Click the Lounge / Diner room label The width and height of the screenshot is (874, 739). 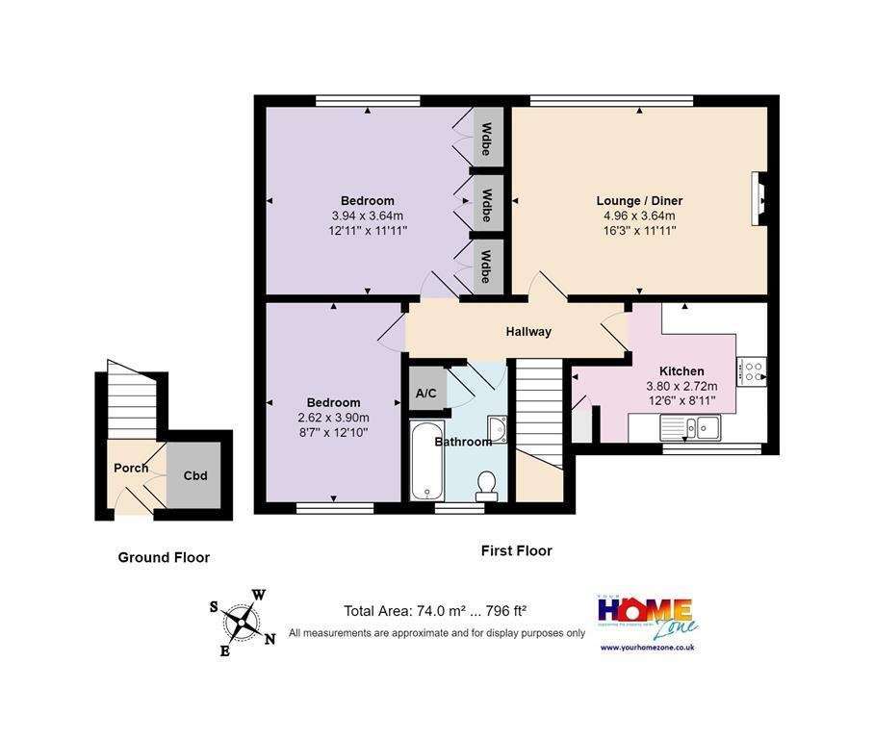[x=639, y=201]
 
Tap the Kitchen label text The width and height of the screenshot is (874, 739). [x=681, y=371]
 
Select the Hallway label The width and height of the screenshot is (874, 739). [x=529, y=332]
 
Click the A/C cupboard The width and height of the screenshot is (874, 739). [x=426, y=393]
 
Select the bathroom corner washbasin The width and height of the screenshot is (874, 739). [x=497, y=428]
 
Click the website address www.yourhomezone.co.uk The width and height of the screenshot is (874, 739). [x=647, y=648]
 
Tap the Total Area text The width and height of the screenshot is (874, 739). [x=435, y=611]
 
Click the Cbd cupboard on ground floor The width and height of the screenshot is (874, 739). [x=196, y=475]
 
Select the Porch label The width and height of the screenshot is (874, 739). [x=131, y=469]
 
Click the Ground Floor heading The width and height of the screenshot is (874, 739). [x=164, y=557]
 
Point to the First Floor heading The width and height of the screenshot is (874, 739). [x=517, y=551]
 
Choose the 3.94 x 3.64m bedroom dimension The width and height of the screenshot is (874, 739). [x=367, y=216]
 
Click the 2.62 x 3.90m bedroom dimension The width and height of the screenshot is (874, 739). [x=333, y=418]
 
